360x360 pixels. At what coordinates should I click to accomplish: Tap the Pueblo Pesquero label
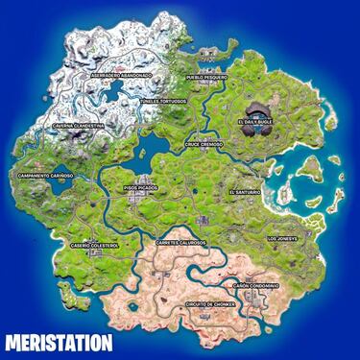coord(206,75)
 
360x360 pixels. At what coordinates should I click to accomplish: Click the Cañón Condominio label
coord(255,284)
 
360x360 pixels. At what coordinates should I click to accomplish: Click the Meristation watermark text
coord(58,341)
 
